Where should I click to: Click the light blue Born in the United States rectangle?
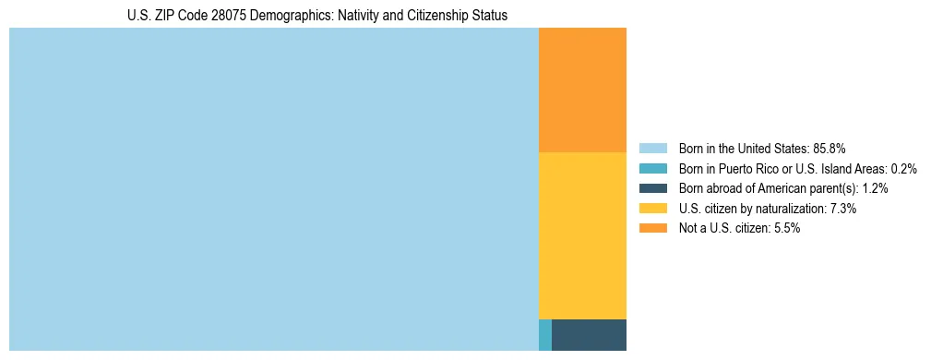[x=273, y=189]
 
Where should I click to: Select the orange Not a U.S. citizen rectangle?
[x=582, y=90]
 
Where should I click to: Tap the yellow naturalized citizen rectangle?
[x=582, y=235]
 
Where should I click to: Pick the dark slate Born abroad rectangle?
[x=589, y=334]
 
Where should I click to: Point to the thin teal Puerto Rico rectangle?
[x=545, y=334]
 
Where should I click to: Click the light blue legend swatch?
[x=652, y=148]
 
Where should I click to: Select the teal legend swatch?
[x=652, y=168]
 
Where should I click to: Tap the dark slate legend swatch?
[x=652, y=188]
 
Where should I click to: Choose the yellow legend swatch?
[x=652, y=209]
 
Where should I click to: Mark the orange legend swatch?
[x=652, y=229]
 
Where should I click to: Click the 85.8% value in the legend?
[x=830, y=148]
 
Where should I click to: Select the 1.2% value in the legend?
[x=876, y=188]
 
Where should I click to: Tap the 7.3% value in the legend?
[x=843, y=209]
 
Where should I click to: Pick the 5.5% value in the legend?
[x=787, y=229]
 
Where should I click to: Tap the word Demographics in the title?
[x=288, y=16]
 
